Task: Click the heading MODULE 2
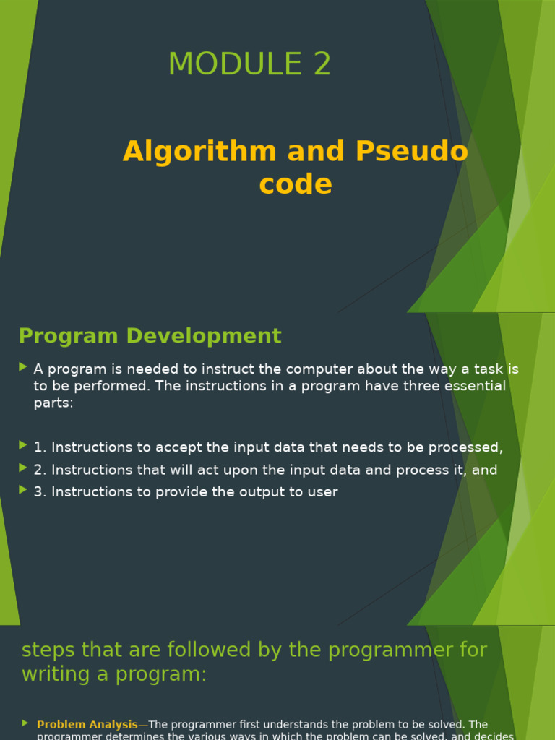coord(249,64)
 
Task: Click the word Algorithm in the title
coord(199,152)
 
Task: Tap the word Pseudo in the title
coord(411,152)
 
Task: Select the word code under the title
coord(296,184)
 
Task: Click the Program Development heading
coord(150,336)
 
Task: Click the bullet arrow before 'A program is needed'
coord(24,367)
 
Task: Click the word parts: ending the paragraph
coord(53,403)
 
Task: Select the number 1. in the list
coord(40,447)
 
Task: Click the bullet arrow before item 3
coord(24,490)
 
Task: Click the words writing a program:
coord(114,674)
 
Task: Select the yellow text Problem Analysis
coord(87,724)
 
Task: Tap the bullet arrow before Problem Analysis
coord(25,723)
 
